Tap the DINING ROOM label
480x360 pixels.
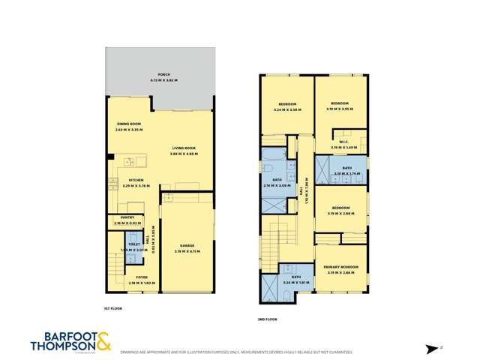click(x=128, y=124)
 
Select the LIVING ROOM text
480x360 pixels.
click(x=184, y=148)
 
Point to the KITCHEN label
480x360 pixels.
click(x=136, y=180)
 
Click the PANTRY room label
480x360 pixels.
click(x=127, y=217)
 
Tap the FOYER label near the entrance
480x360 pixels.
click(x=142, y=277)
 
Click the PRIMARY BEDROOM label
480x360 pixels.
click(x=340, y=267)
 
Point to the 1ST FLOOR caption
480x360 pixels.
click(x=112, y=308)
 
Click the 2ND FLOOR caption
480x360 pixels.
click(x=267, y=319)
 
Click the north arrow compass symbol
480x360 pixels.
click(x=430, y=347)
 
